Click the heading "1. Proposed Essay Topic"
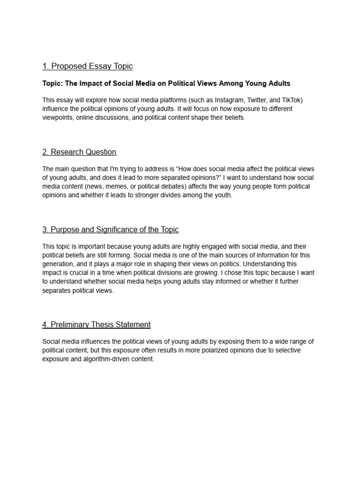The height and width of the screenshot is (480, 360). click(87, 66)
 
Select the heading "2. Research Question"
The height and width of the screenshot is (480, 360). click(79, 152)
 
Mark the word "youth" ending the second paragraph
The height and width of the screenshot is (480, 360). click(223, 195)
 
